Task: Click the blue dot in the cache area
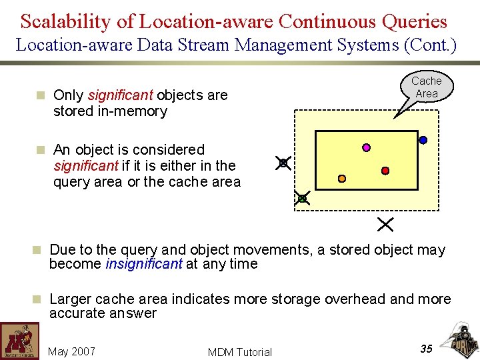pyautogui.click(x=423, y=140)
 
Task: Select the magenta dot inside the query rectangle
pyautogui.click(x=366, y=147)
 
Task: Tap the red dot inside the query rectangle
pyautogui.click(x=385, y=171)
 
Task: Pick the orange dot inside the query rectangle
pyautogui.click(x=341, y=179)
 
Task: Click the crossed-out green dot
pyautogui.click(x=302, y=198)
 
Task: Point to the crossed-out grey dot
pyautogui.click(x=283, y=163)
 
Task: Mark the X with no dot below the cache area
pyautogui.click(x=385, y=224)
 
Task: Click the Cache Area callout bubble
pyautogui.click(x=426, y=87)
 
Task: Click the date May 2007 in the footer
pyautogui.click(x=71, y=351)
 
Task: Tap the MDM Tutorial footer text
pyautogui.click(x=239, y=352)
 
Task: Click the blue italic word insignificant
pyautogui.click(x=143, y=264)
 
